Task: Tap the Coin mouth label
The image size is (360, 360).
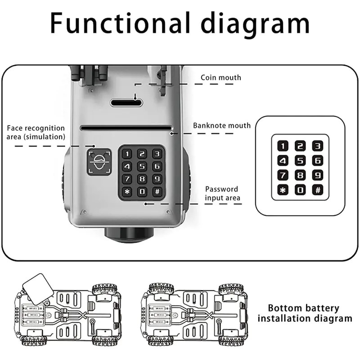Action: [x=220, y=77]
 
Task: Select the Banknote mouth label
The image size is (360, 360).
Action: [x=222, y=125]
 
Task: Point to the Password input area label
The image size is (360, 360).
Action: [x=222, y=193]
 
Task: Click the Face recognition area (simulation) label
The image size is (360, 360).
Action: [x=36, y=132]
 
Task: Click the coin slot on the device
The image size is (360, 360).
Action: [x=126, y=103]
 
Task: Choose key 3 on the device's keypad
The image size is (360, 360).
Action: [x=156, y=154]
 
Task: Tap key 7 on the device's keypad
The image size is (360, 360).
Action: [x=127, y=179]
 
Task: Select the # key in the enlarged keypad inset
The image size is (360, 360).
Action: [x=318, y=190]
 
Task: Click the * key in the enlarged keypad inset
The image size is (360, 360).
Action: [x=283, y=190]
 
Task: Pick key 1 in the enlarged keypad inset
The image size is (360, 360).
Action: [x=283, y=145]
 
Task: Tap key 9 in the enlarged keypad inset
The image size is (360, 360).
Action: [x=318, y=175]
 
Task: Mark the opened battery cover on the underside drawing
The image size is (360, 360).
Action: [x=38, y=288]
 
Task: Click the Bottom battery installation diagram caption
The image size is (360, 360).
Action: [x=304, y=313]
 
